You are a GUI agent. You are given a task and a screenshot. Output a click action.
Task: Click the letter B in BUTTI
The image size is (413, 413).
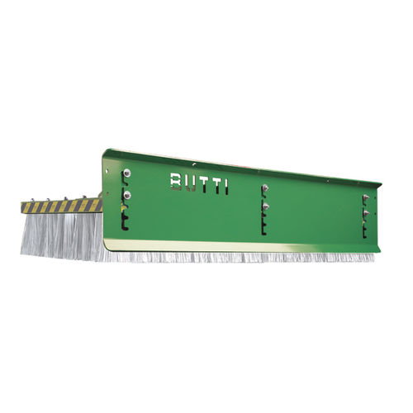pyautogui.click(x=176, y=181)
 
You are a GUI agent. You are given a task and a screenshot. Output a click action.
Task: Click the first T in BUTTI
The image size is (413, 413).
pyautogui.click(x=204, y=185)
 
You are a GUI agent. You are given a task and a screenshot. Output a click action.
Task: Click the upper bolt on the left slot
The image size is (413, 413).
pyautogui.click(x=126, y=173)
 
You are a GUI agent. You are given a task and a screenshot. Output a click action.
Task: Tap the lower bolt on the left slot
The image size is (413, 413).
pyautogui.click(x=127, y=195)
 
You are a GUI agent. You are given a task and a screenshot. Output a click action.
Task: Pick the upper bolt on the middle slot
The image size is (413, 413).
pyautogui.click(x=265, y=188)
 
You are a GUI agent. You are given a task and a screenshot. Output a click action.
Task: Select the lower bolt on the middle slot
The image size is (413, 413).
pyautogui.click(x=265, y=206)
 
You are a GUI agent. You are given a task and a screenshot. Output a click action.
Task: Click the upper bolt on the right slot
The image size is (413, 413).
pyautogui.click(x=366, y=197)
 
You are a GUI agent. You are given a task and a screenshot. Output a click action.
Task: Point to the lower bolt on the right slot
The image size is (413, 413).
pyautogui.click(x=366, y=213)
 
